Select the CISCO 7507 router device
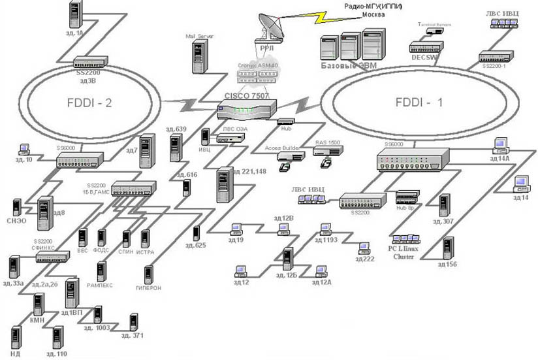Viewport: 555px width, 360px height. tap(247, 109)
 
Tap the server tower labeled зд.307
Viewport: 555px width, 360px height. tap(445, 206)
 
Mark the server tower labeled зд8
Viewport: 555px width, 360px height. tap(45, 212)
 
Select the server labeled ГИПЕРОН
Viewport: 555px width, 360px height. tap(148, 274)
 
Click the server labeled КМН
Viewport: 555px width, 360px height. tap(38, 306)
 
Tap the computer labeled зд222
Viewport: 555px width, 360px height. tap(363, 249)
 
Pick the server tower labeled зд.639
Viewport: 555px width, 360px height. tap(174, 148)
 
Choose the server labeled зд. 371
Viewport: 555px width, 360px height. tap(133, 322)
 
